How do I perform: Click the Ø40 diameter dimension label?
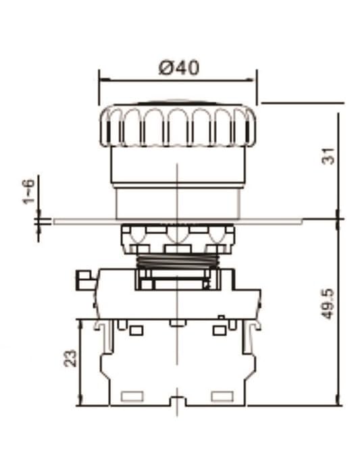(179, 68)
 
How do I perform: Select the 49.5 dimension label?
(328, 304)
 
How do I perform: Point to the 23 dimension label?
(70, 358)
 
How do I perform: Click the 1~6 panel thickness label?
(28, 192)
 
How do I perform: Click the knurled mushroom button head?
(178, 125)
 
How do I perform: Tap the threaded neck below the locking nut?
(178, 261)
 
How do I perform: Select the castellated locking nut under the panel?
(178, 239)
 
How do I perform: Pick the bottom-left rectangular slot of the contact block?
(132, 396)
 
